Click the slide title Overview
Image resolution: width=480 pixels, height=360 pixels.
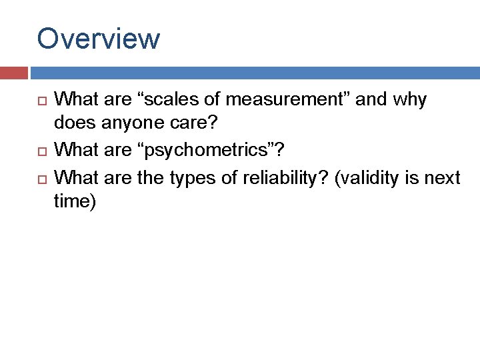point(99,39)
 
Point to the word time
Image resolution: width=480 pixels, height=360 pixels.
point(75,202)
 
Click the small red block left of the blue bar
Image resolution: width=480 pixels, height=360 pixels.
point(13,73)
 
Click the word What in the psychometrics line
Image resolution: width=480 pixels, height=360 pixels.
point(74,151)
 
